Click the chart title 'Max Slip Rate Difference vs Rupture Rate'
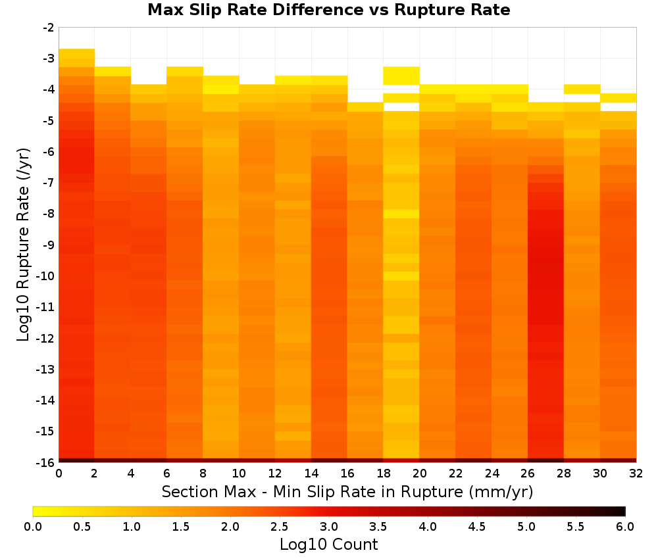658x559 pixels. coord(328,10)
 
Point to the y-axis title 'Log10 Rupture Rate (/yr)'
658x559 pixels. coord(24,245)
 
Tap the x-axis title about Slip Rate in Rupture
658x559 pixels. coord(347,492)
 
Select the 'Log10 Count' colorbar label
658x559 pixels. coord(328,545)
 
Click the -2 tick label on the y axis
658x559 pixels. coord(49,28)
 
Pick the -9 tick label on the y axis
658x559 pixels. coord(49,245)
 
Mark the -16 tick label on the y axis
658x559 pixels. coord(46,462)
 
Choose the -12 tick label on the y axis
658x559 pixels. coord(46,338)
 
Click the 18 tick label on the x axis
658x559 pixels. coord(383,474)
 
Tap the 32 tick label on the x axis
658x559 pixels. coord(636,474)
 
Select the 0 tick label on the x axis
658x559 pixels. coord(59,474)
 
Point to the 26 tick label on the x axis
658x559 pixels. coord(528,474)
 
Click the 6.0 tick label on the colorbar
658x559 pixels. coord(625,527)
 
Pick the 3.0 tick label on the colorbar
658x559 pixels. coord(329,527)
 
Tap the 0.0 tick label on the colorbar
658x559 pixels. coord(33,527)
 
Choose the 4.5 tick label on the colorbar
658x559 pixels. coord(476,527)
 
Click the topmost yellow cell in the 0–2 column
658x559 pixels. coord(77,53)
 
